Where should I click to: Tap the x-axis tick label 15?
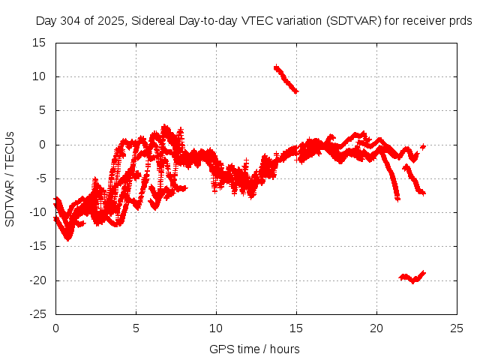tap(296, 328)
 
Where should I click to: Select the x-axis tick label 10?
tap(216, 328)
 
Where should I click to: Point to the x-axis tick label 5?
tap(136, 328)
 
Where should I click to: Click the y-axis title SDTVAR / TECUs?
tap(10, 178)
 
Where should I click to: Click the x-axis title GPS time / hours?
tap(256, 349)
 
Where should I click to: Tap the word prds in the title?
tap(460, 21)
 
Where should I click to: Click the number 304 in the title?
tap(69, 21)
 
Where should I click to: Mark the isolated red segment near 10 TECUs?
tap(286, 79)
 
